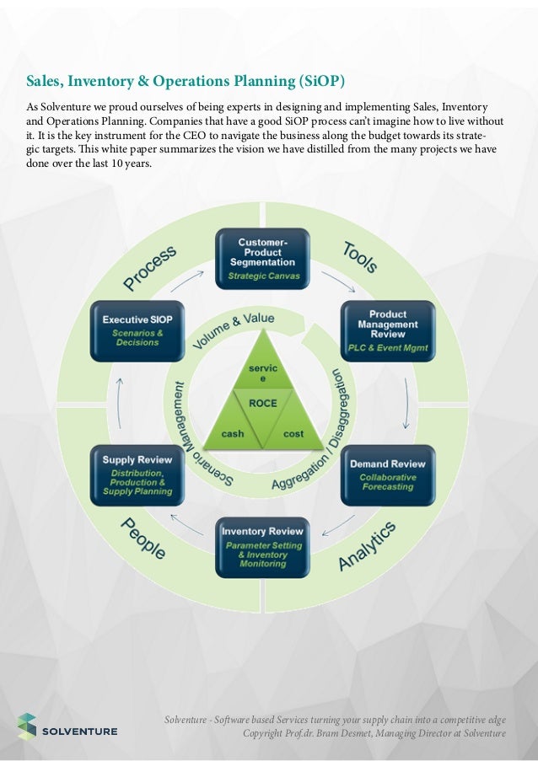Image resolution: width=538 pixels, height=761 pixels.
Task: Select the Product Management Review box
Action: coord(387,330)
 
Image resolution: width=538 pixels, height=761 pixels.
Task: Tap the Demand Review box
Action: coord(387,474)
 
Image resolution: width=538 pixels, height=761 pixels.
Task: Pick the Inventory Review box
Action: coord(262,547)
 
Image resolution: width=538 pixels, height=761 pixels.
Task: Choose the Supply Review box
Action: coord(137,474)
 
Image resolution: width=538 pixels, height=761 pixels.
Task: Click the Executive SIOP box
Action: coord(137,330)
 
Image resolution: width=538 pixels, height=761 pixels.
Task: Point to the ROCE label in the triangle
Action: coord(262,403)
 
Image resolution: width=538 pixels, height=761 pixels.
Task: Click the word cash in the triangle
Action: coord(232,433)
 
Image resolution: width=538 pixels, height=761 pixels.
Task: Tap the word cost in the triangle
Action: coord(293,433)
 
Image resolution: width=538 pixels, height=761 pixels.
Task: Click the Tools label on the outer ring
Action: coord(360,256)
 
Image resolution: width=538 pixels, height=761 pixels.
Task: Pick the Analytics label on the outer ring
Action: coord(367,546)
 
